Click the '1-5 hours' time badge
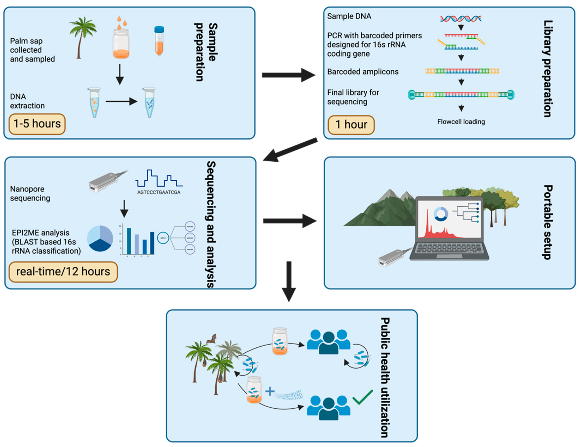[37, 124]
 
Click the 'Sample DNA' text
[349, 16]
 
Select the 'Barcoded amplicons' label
[363, 72]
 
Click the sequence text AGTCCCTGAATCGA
[159, 192]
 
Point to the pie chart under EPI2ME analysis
[100, 238]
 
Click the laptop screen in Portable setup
[450, 219]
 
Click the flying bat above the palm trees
[212, 339]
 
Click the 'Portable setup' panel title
[547, 222]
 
